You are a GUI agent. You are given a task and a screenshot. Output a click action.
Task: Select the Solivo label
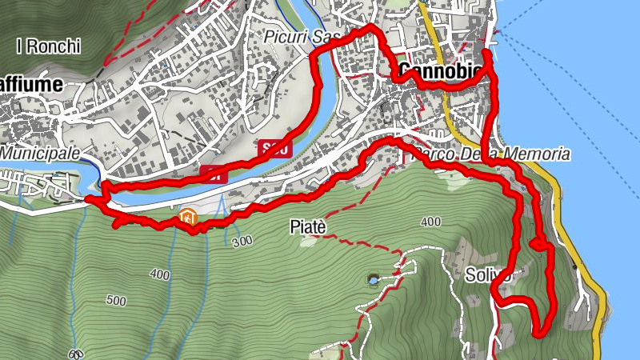pyautogui.click(x=488, y=276)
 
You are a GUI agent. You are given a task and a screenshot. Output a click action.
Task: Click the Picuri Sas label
pyautogui.click(x=302, y=38)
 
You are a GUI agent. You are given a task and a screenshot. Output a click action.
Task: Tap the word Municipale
pyautogui.click(x=40, y=152)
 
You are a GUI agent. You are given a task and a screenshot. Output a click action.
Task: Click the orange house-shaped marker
pyautogui.click(x=188, y=216)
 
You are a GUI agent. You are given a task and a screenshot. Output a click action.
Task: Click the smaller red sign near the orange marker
pyautogui.click(x=214, y=174)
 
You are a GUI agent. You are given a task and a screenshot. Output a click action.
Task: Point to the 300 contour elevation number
pyautogui.click(x=241, y=242)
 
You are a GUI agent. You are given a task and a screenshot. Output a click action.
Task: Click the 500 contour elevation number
pyautogui.click(x=116, y=301)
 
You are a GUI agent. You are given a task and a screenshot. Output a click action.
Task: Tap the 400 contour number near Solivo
pyautogui.click(x=430, y=222)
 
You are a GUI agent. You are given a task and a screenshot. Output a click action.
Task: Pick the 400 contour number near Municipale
pyautogui.click(x=159, y=274)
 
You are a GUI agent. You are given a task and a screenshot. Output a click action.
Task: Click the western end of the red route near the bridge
pyautogui.click(x=88, y=197)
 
